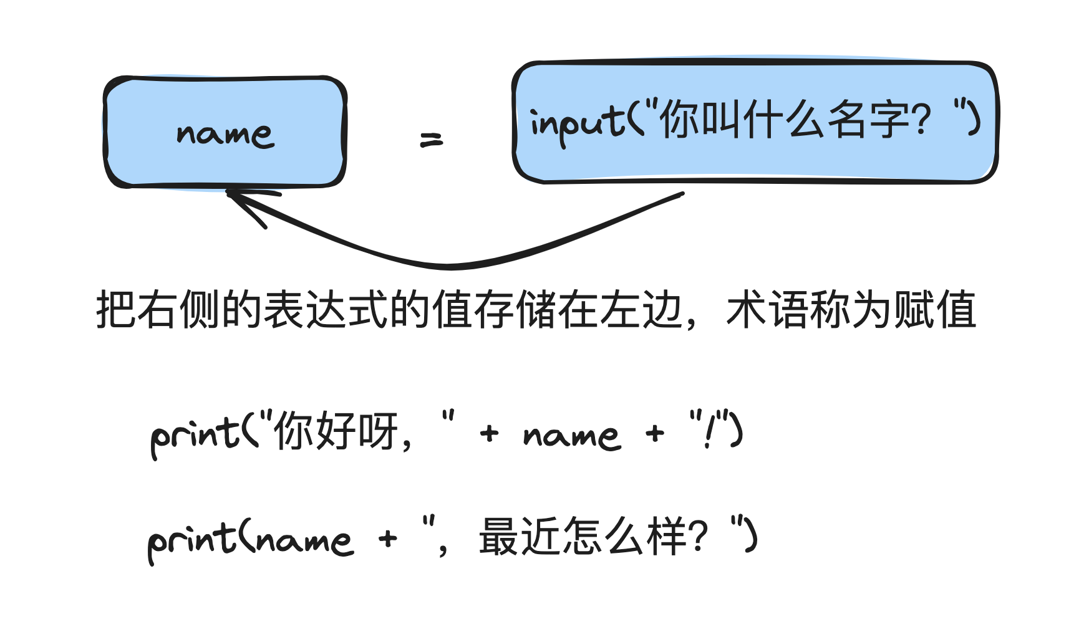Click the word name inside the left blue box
pos(225,133)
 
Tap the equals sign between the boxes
pos(431,140)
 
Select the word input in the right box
pos(576,123)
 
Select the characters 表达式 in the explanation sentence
pos(326,310)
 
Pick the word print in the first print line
pos(193,434)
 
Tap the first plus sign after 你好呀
pos(490,433)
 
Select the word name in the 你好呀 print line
pos(571,435)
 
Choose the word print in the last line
pos(190,540)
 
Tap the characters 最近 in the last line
pos(520,537)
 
